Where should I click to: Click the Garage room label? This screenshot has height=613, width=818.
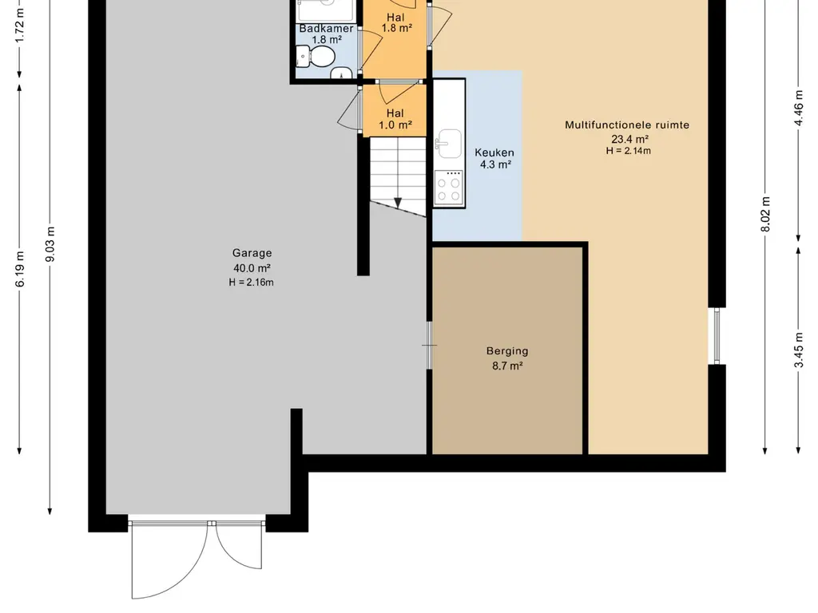[x=252, y=253]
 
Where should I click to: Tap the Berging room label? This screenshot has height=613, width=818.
[x=507, y=351]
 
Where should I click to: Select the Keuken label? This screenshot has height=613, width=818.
[x=494, y=152]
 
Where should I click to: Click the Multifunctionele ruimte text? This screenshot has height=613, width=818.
[x=627, y=125]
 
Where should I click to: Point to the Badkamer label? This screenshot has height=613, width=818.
[x=327, y=29]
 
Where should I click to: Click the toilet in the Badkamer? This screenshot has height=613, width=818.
[x=316, y=57]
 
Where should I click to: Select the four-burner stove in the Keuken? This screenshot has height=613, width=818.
[x=449, y=188]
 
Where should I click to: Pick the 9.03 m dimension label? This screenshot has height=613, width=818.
[x=50, y=245]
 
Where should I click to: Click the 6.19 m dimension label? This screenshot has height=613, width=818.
[x=20, y=269]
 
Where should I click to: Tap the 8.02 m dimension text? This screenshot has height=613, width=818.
[x=765, y=214]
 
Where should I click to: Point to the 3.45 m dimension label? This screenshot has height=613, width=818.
[x=799, y=350]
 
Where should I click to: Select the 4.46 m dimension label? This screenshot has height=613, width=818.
[x=799, y=108]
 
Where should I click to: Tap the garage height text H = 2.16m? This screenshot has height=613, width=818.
[x=251, y=283]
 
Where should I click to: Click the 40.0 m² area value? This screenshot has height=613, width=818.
[x=252, y=268]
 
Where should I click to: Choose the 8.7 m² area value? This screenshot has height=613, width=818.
[x=507, y=366]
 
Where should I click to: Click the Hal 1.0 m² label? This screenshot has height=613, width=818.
[x=395, y=119]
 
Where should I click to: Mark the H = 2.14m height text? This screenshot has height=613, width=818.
[x=628, y=151]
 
